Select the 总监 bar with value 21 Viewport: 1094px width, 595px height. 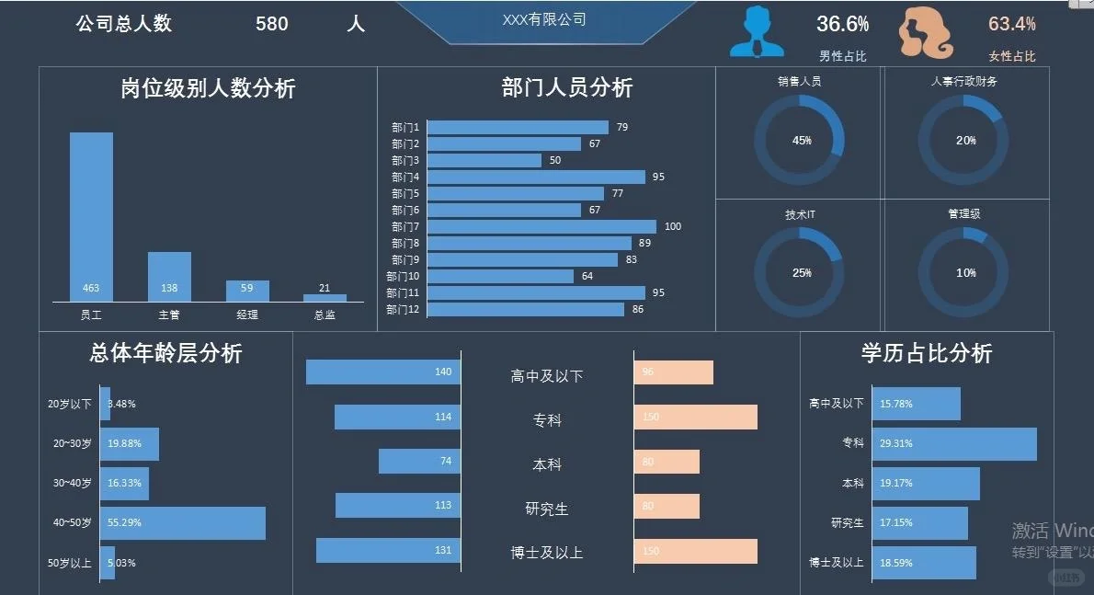pos(325,298)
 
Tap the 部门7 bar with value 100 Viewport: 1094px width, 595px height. pos(541,226)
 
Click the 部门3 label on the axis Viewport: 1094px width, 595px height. pos(405,161)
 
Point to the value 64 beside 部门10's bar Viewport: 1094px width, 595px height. pos(587,276)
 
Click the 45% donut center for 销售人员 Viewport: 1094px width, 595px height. pos(801,141)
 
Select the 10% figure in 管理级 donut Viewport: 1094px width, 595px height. pos(965,273)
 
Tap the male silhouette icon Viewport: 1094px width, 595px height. pos(757,33)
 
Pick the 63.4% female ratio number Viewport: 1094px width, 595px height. pos(1011,24)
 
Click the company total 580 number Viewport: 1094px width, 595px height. pos(272,24)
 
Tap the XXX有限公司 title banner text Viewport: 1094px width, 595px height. pos(544,19)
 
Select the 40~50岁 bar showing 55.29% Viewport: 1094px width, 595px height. pos(182,522)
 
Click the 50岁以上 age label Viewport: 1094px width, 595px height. pos(69,563)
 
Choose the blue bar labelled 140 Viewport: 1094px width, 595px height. pos(382,372)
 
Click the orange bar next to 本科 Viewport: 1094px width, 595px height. pos(667,462)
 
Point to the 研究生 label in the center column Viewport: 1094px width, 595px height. pos(546,509)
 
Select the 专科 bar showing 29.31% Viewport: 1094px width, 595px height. pos(953,443)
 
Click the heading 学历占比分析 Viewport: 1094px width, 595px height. pos(926,353)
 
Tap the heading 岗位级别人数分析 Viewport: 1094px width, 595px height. pos(208,88)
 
